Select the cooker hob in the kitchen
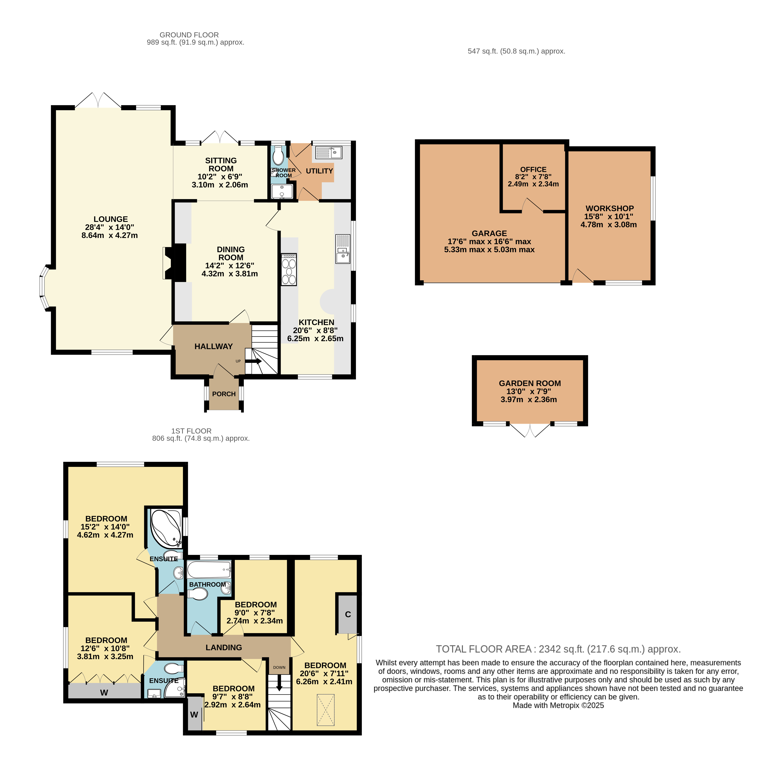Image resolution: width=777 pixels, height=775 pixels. (x=289, y=269)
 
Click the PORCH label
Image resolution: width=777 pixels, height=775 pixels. (x=224, y=394)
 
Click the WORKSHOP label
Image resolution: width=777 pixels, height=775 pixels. (x=610, y=208)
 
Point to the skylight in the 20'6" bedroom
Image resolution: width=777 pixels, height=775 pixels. (x=325, y=709)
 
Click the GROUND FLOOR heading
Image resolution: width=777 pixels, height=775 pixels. (x=189, y=35)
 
